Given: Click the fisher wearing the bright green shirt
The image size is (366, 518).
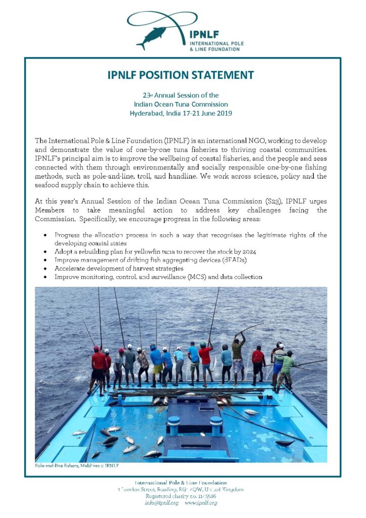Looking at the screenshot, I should pos(287,367).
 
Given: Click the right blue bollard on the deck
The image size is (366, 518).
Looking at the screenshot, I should pos(216,425).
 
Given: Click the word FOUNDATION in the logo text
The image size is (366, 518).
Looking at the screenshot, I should pos(226,49).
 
